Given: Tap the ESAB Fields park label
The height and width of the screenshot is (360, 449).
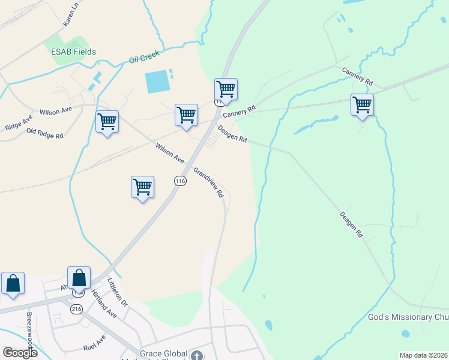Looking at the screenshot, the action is point(73,52).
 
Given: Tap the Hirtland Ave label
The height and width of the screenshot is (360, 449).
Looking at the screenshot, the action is point(103,303).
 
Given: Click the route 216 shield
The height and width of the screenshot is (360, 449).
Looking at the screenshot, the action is point(76,308).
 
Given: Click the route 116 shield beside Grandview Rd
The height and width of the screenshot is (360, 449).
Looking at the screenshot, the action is point(180,181).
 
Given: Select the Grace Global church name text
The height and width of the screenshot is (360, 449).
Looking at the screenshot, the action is point(164,353).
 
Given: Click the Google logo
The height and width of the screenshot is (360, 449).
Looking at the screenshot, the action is point(20,353).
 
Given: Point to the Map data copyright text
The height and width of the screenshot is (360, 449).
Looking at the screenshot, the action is point(423,355).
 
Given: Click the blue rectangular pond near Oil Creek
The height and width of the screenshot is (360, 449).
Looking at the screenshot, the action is point(157,81).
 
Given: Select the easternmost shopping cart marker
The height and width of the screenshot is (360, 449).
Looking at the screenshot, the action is point(363,105).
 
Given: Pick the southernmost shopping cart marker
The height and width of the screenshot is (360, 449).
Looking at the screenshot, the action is point(142,187).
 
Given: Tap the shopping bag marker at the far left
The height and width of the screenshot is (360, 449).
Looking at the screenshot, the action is point(13,283).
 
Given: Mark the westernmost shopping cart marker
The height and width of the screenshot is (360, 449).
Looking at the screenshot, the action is point(107,122).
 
